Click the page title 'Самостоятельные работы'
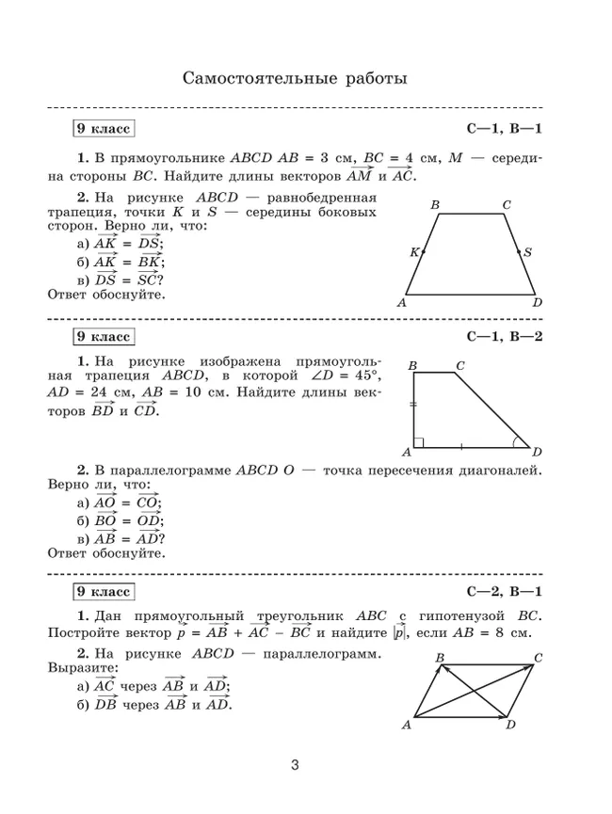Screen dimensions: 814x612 (x=295, y=77)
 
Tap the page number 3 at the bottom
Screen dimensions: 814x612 (x=295, y=765)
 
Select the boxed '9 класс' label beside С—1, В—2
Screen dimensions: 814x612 (x=104, y=337)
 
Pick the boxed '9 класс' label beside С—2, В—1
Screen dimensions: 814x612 (x=104, y=592)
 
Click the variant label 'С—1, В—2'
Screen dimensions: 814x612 (x=505, y=337)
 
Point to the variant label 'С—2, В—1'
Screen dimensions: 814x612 (x=505, y=592)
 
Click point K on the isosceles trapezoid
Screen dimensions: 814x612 (x=423, y=252)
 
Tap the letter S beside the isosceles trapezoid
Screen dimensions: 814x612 (x=527, y=252)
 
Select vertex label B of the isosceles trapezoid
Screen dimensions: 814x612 (x=434, y=204)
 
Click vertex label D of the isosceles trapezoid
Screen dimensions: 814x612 (x=537, y=302)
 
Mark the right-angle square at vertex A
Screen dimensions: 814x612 (x=418, y=441)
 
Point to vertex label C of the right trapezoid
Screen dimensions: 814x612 (x=459, y=365)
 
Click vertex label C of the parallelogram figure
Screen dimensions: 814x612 (x=538, y=657)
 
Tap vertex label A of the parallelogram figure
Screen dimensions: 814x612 (x=407, y=725)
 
